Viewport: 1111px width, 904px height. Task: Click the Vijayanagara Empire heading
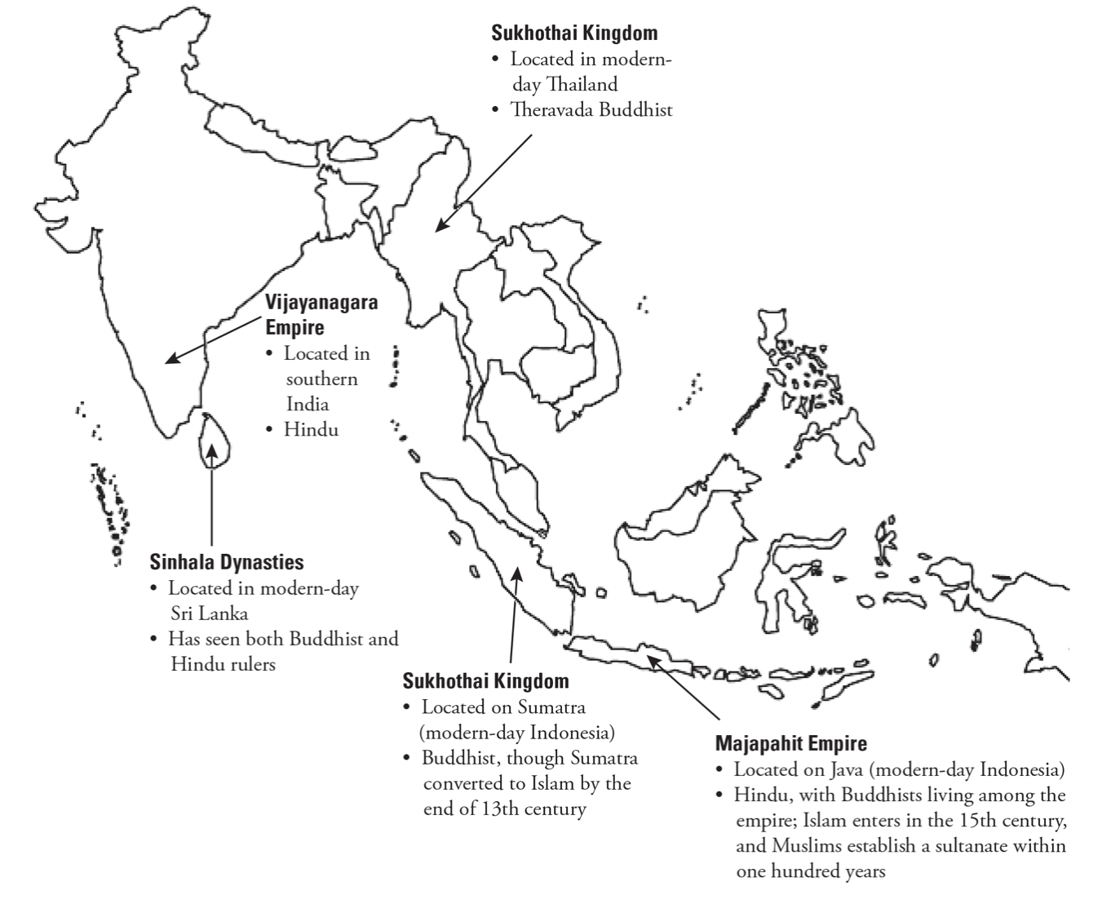(321, 314)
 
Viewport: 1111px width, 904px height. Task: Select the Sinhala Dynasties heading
(227, 562)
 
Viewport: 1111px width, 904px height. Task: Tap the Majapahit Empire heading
(790, 743)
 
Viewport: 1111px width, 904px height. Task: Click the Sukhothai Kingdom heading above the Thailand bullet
(573, 33)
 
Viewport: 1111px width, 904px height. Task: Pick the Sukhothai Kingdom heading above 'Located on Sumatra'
(485, 681)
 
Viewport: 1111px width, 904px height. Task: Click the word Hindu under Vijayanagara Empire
(311, 429)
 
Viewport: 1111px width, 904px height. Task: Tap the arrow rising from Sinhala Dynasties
(211, 498)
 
